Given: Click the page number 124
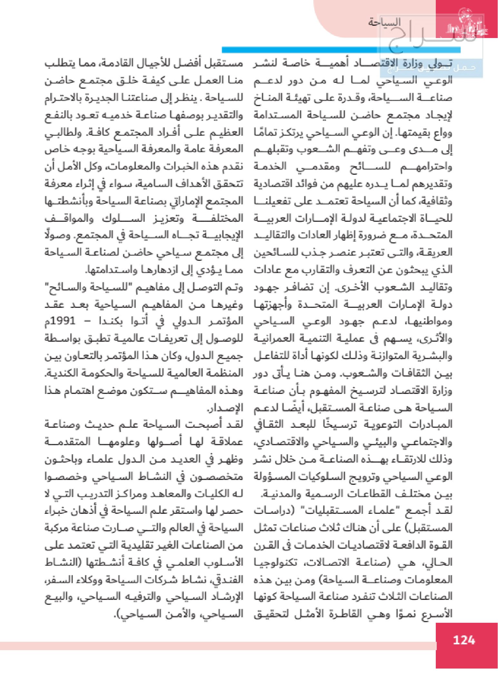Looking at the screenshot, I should pyautogui.click(x=464, y=640).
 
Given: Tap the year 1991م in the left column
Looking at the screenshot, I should pyautogui.click(x=60, y=321).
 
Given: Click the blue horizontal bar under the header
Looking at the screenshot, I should pyautogui.click(x=341, y=50).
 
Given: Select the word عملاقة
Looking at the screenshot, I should pyautogui.click(x=226, y=442).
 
